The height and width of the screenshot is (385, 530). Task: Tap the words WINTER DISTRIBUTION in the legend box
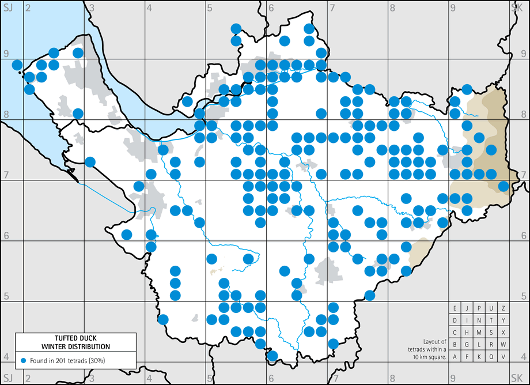pyautogui.click(x=75, y=346)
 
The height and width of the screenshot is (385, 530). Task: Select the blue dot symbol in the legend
pyautogui.click(x=23, y=360)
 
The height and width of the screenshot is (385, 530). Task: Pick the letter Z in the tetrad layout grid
pyautogui.click(x=503, y=308)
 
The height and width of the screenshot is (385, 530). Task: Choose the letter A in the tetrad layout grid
pyautogui.click(x=455, y=356)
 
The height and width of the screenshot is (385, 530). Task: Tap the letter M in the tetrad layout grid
pyautogui.click(x=479, y=332)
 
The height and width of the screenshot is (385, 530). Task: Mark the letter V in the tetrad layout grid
pyautogui.click(x=503, y=356)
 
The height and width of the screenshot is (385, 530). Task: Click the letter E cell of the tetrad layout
pyautogui.click(x=455, y=308)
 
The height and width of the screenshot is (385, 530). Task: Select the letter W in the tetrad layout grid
pyautogui.click(x=503, y=344)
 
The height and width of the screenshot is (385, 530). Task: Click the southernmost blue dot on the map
pyautogui.click(x=272, y=355)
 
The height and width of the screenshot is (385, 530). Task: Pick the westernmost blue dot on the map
pyautogui.click(x=17, y=65)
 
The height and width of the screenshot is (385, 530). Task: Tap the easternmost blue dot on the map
pyautogui.click(x=503, y=186)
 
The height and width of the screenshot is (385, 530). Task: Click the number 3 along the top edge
pyautogui.click(x=92, y=8)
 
